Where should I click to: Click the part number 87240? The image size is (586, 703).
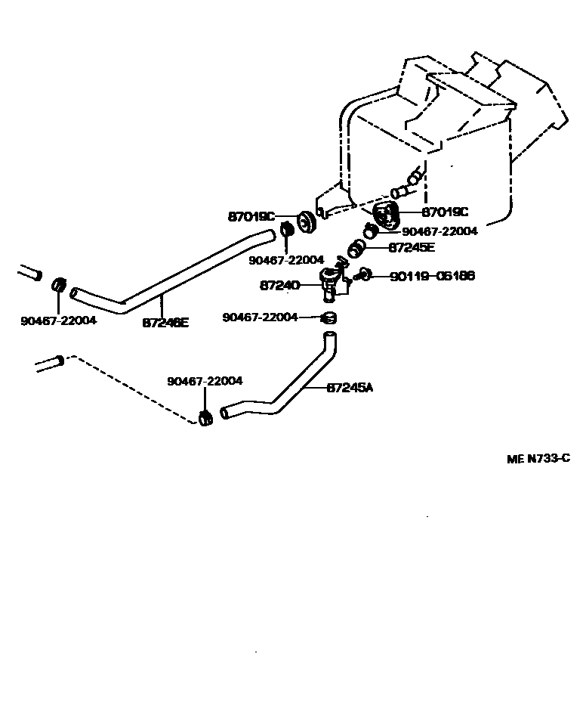coord(279,285)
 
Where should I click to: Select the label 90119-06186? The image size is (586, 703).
coord(432,277)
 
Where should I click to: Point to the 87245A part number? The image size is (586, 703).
coord(350,388)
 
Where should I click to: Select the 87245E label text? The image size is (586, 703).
coord(412,247)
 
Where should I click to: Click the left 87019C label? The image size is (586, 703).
coord(251,216)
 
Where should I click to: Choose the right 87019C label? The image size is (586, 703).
coord(445,212)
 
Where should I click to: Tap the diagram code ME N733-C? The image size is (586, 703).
coord(538,458)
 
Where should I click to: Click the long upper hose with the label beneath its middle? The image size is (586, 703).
coord(174,276)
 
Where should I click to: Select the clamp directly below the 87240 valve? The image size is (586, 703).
coord(328,317)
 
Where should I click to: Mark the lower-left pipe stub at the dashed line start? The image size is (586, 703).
coord(51,363)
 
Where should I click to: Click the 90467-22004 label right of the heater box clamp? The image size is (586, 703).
coord(439,232)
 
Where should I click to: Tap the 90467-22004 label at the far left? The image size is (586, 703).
coord(58,321)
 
